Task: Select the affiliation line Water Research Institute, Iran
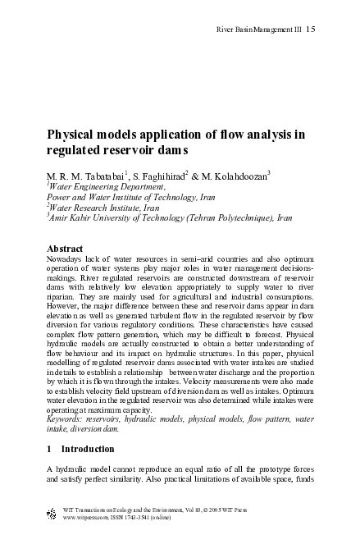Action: [x=99, y=208]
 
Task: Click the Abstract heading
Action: [x=65, y=247]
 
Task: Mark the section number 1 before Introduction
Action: [x=49, y=450]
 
